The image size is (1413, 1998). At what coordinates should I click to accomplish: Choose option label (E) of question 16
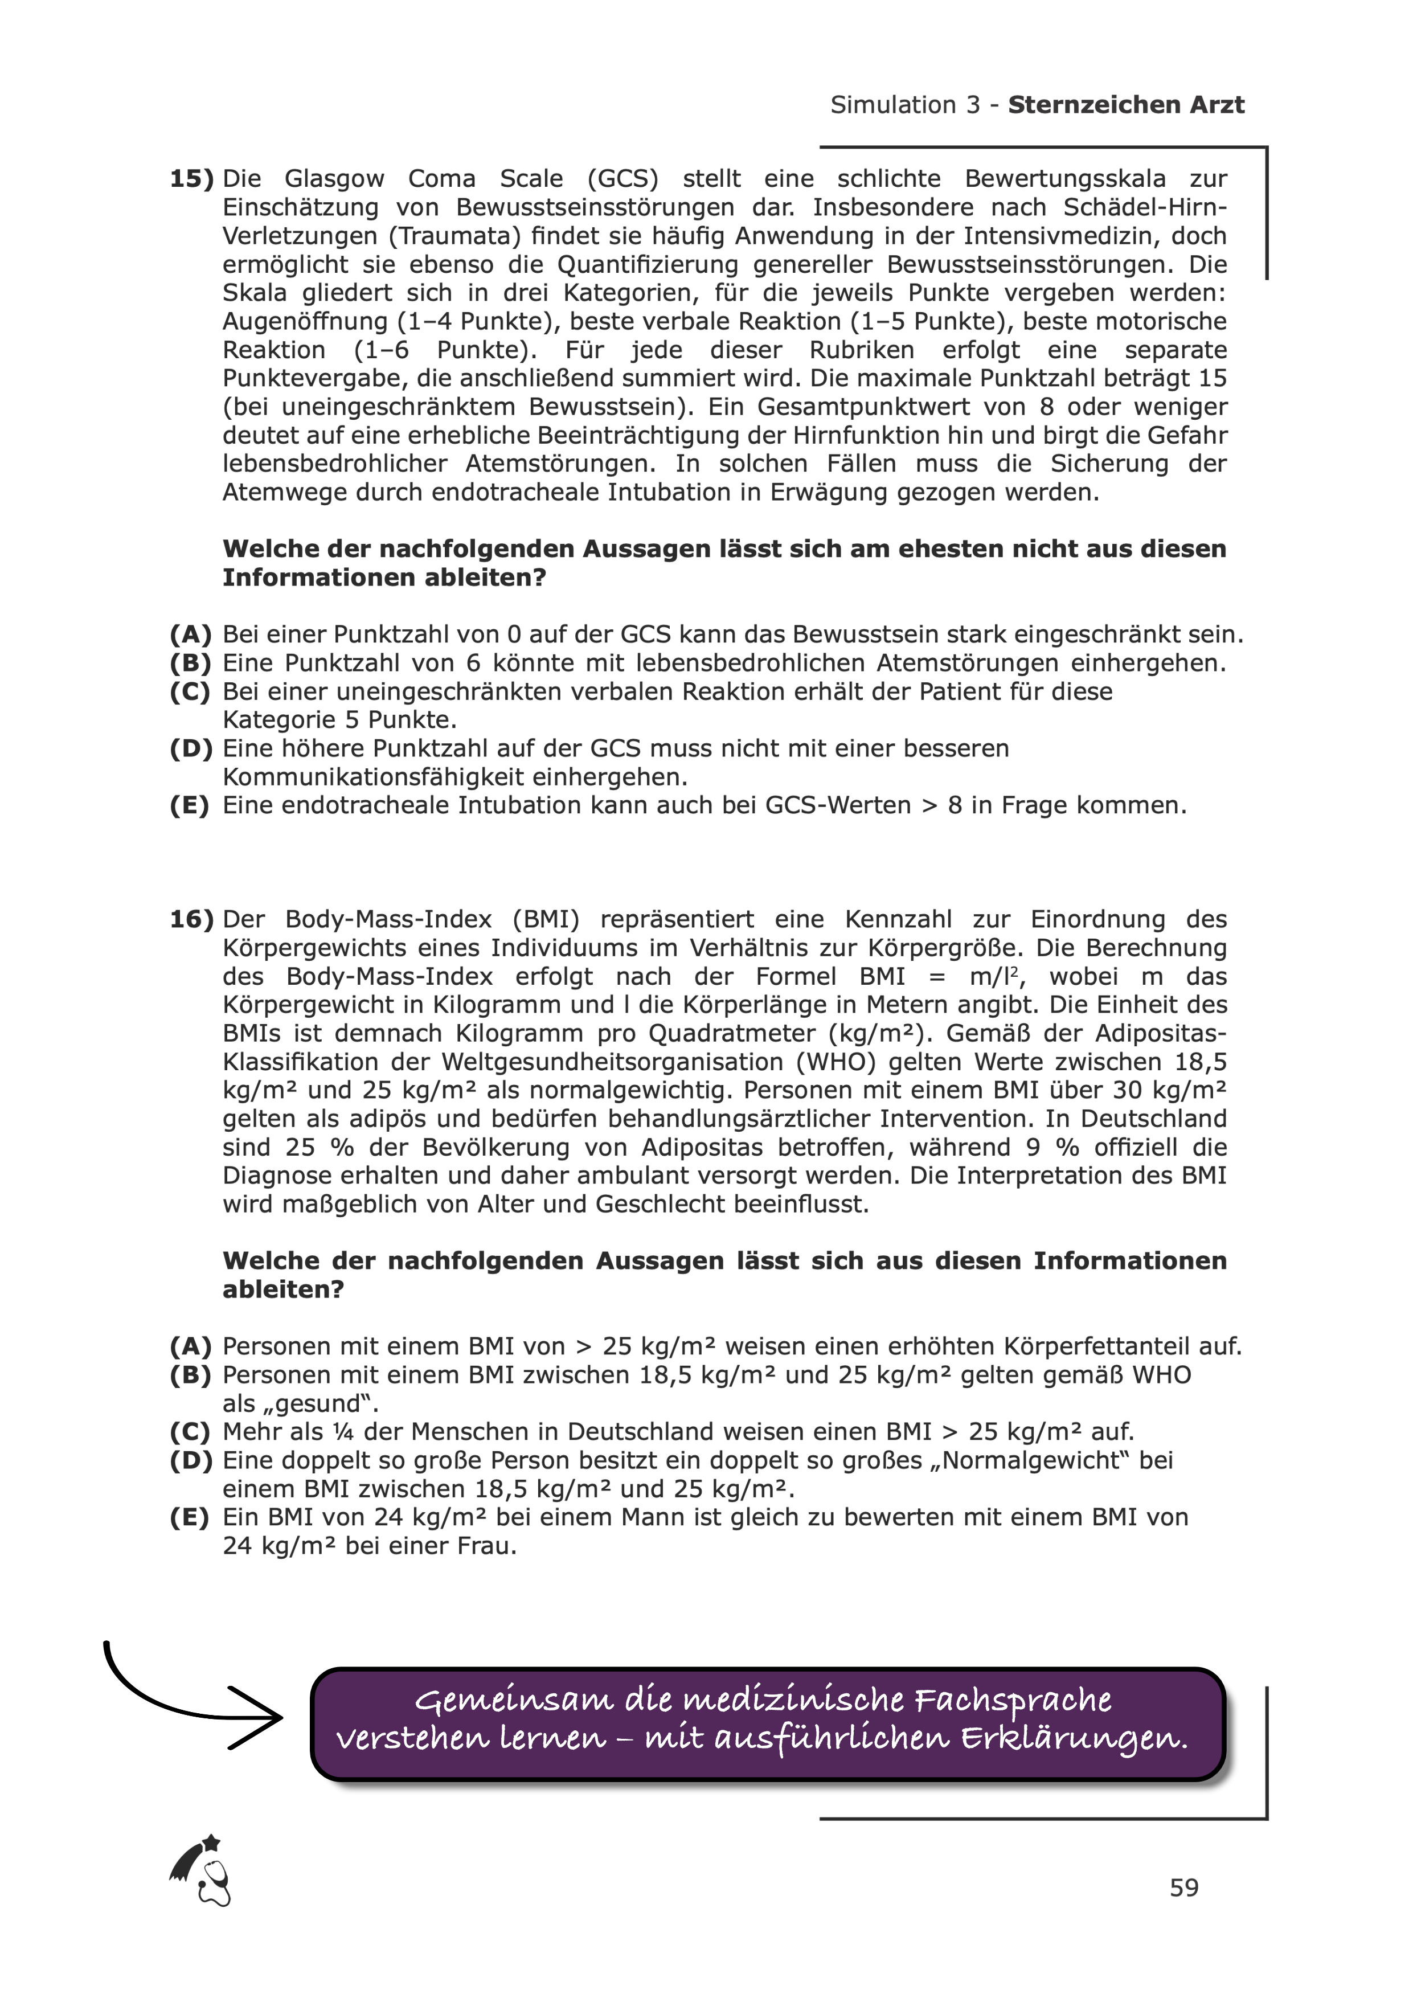click(190, 1518)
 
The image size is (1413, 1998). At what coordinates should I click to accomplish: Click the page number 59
click(1184, 1888)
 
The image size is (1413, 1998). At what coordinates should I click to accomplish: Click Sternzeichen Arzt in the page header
click(1126, 105)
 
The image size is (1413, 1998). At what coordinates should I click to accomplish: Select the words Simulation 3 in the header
click(905, 105)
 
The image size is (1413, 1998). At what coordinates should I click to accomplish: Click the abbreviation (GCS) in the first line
click(623, 179)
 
